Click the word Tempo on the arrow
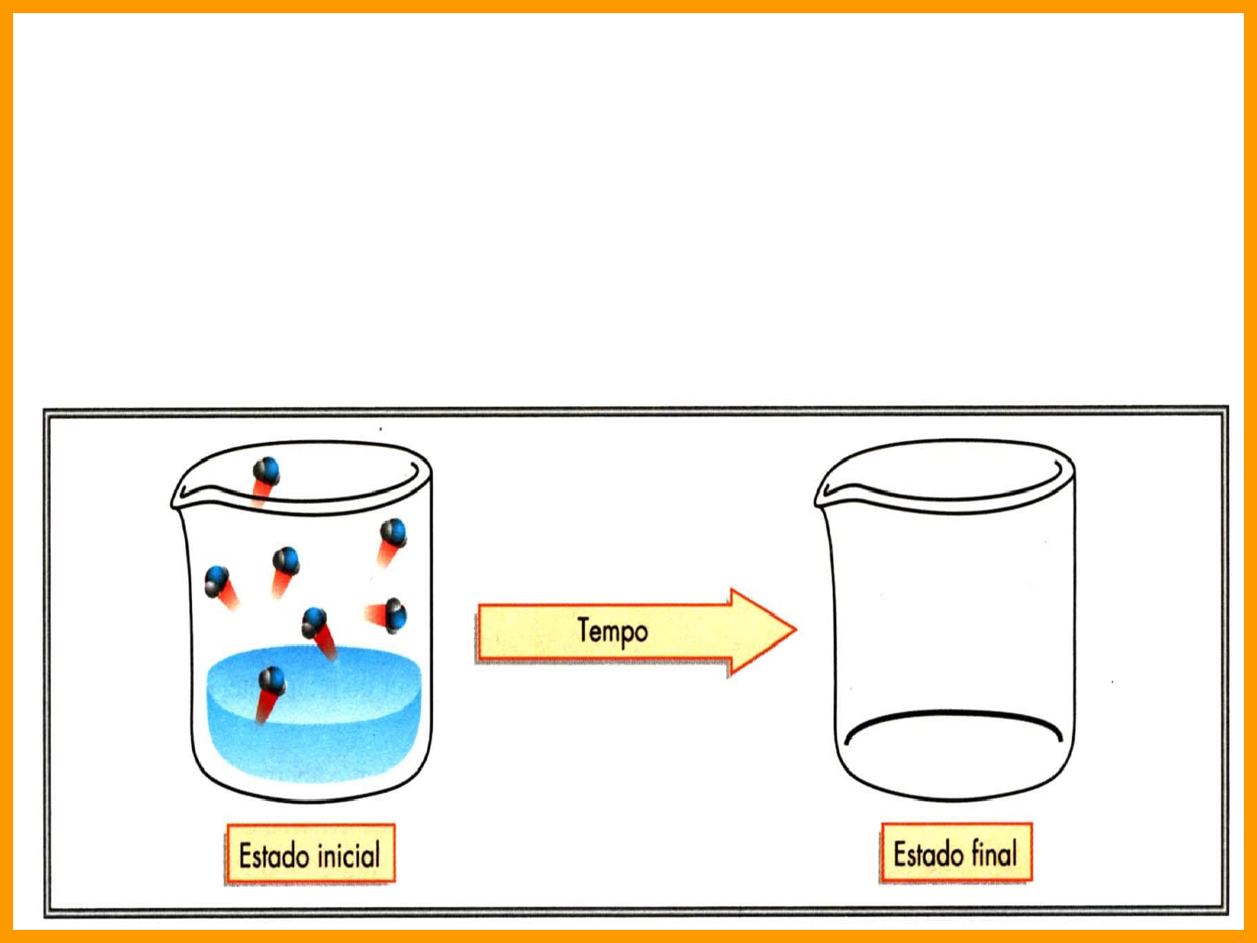point(613,630)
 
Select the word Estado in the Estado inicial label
point(273,855)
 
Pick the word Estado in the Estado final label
point(928,853)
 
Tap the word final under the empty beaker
point(995,852)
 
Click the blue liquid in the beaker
point(349,725)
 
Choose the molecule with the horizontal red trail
point(395,616)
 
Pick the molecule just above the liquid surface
point(314,623)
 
